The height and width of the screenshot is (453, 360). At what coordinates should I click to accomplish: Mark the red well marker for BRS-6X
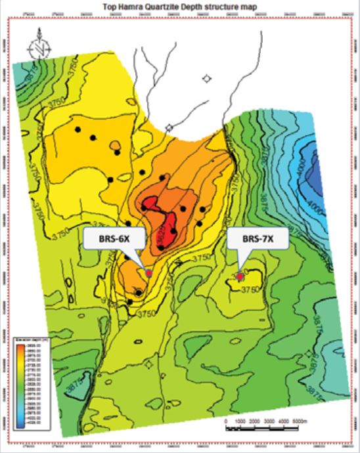click(x=148, y=273)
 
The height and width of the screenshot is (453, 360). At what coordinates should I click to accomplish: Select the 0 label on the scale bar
click(x=226, y=420)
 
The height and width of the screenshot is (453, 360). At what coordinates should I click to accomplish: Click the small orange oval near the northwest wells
click(x=116, y=144)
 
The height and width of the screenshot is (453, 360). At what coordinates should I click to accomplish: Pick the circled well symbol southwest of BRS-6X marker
click(x=139, y=291)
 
